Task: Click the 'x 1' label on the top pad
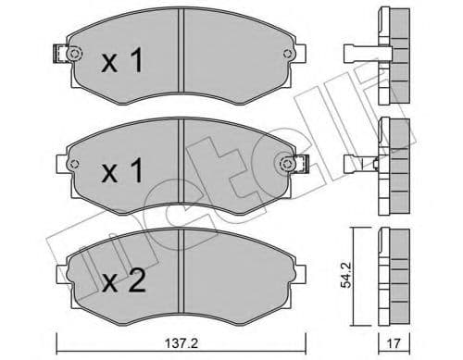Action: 121,62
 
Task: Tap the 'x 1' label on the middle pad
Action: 121,173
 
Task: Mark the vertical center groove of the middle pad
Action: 184,168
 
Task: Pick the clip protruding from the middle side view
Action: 359,165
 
